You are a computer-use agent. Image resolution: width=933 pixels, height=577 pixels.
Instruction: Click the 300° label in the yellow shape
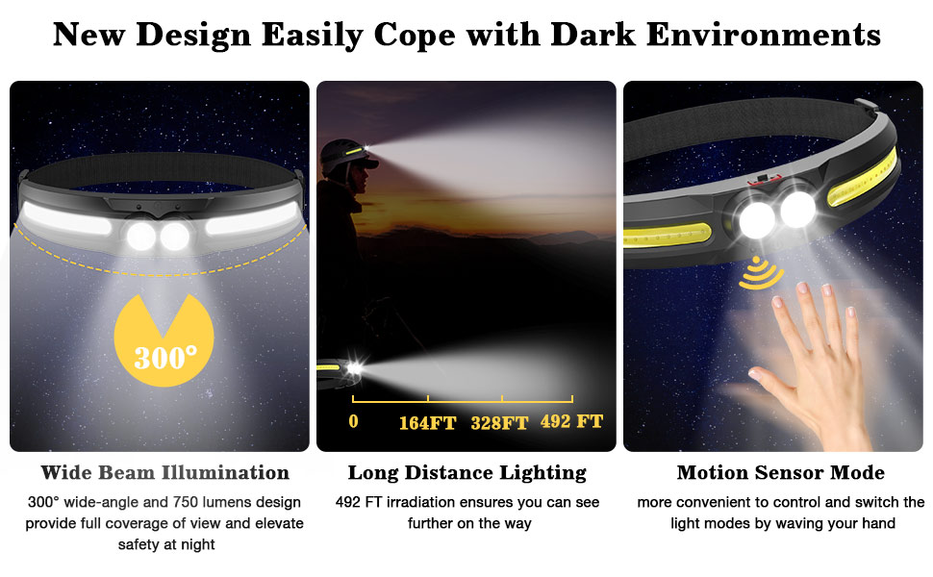tap(165, 358)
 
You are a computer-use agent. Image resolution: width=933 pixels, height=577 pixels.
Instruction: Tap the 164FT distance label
tap(427, 423)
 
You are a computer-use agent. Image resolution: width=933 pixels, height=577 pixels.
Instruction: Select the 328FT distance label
tap(499, 423)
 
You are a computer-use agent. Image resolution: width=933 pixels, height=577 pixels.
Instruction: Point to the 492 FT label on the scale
tap(571, 422)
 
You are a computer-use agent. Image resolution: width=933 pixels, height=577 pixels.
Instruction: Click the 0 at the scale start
tap(353, 421)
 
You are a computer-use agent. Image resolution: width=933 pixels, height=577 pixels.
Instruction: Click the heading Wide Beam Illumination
tap(164, 473)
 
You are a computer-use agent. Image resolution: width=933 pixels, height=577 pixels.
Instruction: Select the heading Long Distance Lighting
tap(466, 473)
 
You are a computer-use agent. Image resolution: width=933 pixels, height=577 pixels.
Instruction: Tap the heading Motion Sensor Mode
tap(780, 473)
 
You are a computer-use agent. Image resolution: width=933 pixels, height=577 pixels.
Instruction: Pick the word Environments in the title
tap(764, 35)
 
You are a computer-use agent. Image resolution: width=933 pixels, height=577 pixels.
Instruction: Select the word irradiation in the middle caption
tap(424, 502)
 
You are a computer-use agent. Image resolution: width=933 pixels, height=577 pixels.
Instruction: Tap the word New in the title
tap(89, 35)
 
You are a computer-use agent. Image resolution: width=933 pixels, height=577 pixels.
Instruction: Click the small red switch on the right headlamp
tap(759, 179)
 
